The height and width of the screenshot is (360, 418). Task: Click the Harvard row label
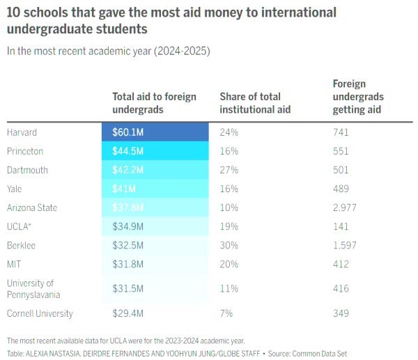22,132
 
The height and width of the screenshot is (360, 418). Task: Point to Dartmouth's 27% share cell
229,170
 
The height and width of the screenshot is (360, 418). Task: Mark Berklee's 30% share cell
229,246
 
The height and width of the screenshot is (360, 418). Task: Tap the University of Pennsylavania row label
34,288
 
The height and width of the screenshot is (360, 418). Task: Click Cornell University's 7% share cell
226,313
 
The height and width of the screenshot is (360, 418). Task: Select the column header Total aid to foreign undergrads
155,102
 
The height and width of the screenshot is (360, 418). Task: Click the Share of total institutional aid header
255,102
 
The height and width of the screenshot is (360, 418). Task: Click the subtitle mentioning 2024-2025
108,51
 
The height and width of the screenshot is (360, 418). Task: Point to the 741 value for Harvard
341,132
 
